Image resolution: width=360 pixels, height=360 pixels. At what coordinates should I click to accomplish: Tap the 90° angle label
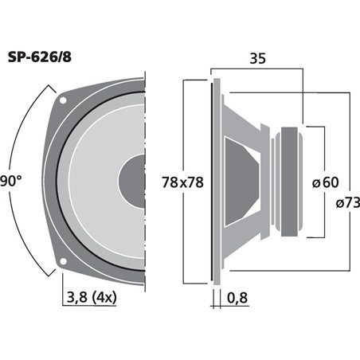click(x=10, y=180)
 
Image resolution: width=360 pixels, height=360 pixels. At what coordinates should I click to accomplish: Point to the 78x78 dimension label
click(x=182, y=182)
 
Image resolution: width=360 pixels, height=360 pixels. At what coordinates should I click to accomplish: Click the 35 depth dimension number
click(x=258, y=58)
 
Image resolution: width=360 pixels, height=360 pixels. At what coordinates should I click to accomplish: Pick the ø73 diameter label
click(x=341, y=204)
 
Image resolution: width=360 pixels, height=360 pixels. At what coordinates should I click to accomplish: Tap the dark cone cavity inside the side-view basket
click(x=243, y=181)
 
